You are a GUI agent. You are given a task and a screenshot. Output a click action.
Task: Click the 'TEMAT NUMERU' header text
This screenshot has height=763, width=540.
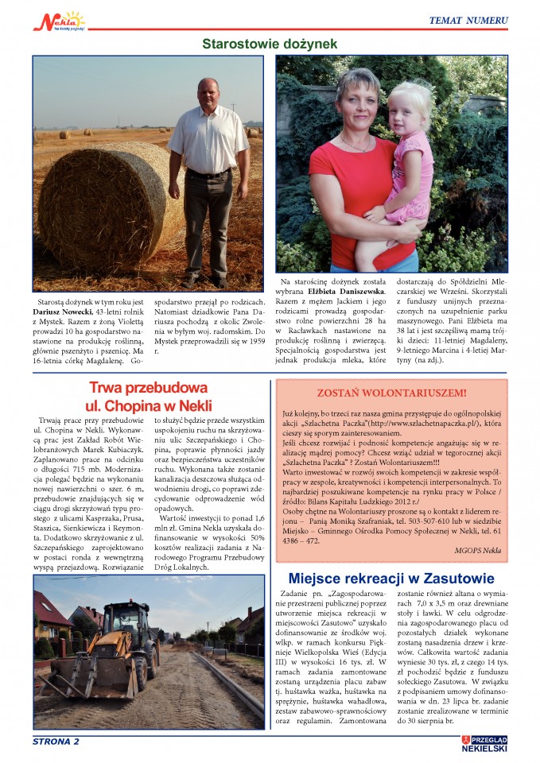(468, 20)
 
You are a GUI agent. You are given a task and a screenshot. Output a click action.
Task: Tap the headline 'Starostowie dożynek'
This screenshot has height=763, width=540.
(270, 44)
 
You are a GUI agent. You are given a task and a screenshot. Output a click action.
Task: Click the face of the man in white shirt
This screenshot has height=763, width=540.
(208, 94)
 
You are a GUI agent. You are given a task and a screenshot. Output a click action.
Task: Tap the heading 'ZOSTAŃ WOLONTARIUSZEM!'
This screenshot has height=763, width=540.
(391, 393)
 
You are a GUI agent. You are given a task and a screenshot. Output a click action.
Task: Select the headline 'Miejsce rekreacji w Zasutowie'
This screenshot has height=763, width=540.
(390, 578)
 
